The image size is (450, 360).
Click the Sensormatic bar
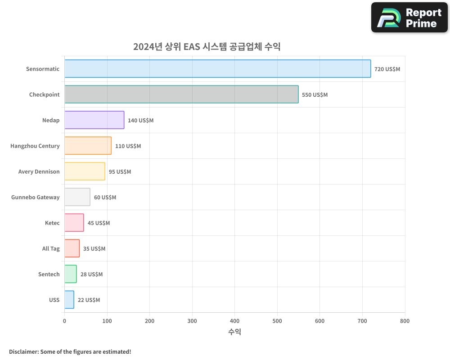tap(217, 69)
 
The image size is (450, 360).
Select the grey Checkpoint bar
tap(181, 94)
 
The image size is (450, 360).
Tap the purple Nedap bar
tap(94, 120)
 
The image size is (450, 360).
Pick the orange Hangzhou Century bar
tap(88, 146)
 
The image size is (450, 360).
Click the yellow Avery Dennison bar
tap(85, 171)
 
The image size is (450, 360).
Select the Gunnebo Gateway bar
tap(77, 197)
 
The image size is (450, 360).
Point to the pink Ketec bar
tap(74, 223)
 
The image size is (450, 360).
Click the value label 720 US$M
tap(387, 69)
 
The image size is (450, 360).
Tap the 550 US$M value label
tap(315, 95)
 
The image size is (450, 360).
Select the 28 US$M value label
tap(91, 274)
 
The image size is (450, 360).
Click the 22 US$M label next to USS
tap(89, 300)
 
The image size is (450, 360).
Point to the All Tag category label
tap(51, 249)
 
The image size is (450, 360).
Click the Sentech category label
tap(49, 274)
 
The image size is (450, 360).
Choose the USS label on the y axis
tap(54, 300)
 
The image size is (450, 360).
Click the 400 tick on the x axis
tap(234, 321)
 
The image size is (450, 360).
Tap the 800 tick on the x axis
tap(405, 321)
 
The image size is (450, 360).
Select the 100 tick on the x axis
tap(107, 321)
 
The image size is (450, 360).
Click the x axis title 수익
tap(234, 332)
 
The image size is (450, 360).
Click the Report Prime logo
tap(409, 18)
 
